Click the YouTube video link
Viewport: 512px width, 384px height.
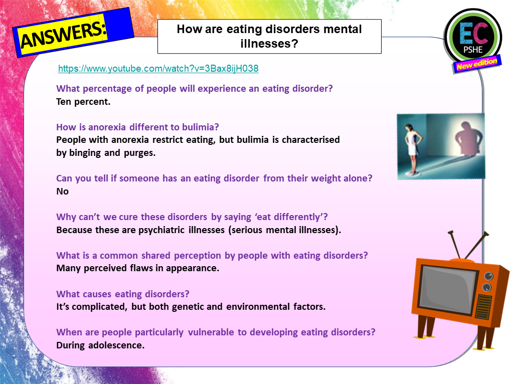(x=158, y=69)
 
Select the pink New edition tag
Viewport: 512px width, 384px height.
(x=476, y=64)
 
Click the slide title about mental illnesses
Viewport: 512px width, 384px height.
(x=269, y=36)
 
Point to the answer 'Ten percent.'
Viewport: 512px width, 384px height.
(x=83, y=102)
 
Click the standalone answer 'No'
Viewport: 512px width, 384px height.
(x=62, y=191)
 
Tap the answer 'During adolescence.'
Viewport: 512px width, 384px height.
(x=100, y=345)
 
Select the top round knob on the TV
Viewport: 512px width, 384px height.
(x=487, y=276)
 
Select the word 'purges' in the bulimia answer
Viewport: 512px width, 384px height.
(x=141, y=153)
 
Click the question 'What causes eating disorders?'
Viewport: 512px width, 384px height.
(x=123, y=294)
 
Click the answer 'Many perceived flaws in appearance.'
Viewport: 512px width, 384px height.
(x=138, y=268)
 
